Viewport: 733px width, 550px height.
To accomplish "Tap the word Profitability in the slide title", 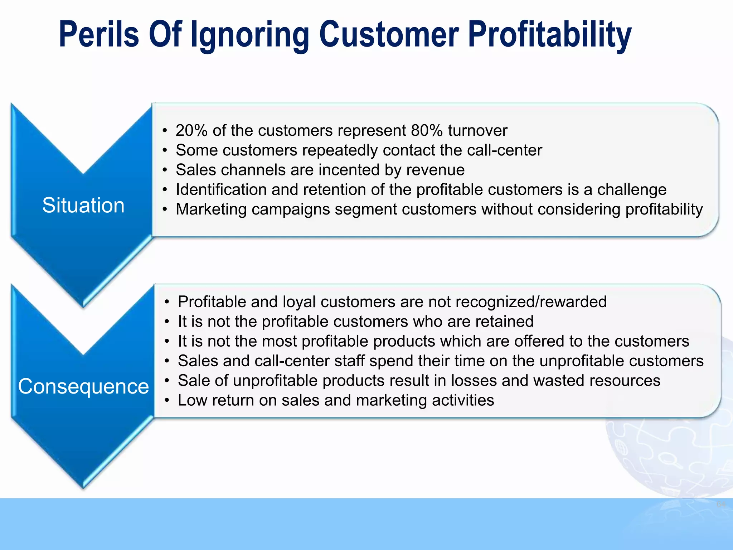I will pyautogui.click(x=549, y=35).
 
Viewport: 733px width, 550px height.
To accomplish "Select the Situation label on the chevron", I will pyautogui.click(x=83, y=206).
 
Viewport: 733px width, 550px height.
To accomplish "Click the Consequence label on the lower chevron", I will pyautogui.click(x=83, y=387).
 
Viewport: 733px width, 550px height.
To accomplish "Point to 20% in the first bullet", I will pyautogui.click(x=191, y=130).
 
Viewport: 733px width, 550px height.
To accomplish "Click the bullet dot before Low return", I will pyautogui.click(x=167, y=401).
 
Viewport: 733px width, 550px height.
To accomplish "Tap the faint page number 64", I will pyautogui.click(x=721, y=505).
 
